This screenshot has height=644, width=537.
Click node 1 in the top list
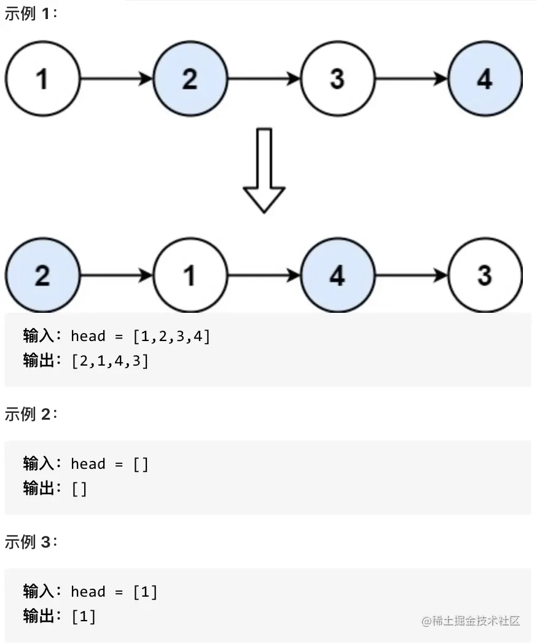[x=42, y=79]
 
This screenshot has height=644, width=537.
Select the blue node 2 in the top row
[x=190, y=79]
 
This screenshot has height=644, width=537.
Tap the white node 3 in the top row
[x=337, y=79]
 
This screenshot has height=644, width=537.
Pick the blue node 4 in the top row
[x=485, y=79]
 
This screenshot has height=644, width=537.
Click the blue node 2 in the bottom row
[x=42, y=275]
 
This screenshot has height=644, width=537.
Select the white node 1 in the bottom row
[x=190, y=275]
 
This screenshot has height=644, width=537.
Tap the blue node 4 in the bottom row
[x=337, y=275]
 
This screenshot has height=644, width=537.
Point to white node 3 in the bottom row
[x=485, y=275]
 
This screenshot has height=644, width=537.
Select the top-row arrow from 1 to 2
[x=116, y=79]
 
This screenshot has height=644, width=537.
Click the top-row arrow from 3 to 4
[x=411, y=79]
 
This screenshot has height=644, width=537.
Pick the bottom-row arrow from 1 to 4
[x=264, y=275]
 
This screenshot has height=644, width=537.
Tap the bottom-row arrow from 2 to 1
[x=116, y=275]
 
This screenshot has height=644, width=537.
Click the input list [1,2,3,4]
[x=171, y=336]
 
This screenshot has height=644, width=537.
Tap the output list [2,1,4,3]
[x=110, y=361]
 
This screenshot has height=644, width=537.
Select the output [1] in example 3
[x=84, y=616]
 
